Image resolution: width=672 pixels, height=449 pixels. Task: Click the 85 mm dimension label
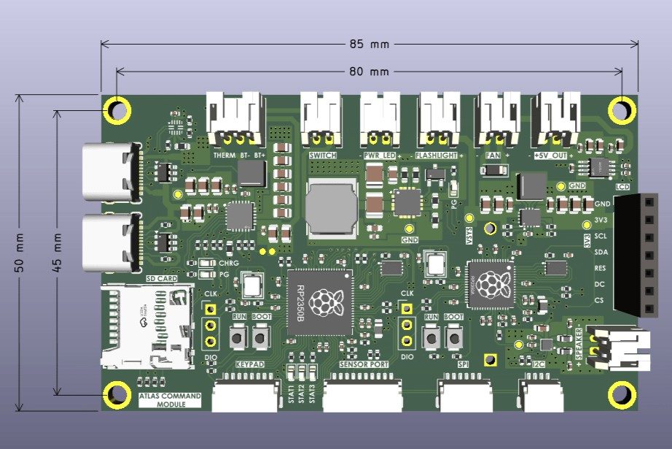point(369,44)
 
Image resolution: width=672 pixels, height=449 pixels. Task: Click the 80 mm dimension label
point(369,72)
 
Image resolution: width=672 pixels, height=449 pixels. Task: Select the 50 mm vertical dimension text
point(19,253)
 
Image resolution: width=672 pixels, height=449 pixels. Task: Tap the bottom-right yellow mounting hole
point(621,394)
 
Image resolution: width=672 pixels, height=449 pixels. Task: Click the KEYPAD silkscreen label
point(249,364)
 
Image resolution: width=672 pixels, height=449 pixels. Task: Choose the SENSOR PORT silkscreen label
point(362,364)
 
